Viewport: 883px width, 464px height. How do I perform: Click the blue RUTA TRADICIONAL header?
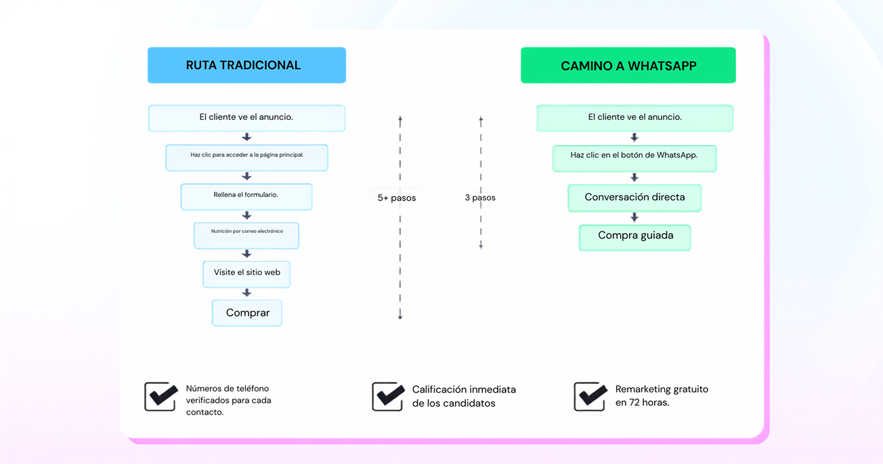point(246,65)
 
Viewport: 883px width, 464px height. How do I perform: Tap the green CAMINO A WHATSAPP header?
point(628,66)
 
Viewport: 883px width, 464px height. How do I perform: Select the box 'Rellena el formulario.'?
point(246,196)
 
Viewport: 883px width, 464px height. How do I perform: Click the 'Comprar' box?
point(247,313)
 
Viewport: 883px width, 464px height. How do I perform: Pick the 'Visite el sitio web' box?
point(246,274)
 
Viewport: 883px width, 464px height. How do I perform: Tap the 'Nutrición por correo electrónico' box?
point(246,236)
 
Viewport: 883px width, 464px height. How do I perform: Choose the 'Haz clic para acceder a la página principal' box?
point(246,158)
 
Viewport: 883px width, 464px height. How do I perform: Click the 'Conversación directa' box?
point(634,198)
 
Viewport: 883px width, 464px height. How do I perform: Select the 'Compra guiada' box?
point(635,238)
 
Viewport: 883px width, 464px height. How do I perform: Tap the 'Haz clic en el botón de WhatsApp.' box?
point(634,159)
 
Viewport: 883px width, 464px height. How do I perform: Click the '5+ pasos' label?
point(397,198)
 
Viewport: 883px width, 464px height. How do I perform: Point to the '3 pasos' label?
point(480,198)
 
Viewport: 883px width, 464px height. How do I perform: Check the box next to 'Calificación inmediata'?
point(388,396)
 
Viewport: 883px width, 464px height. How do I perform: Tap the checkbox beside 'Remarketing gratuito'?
point(590,396)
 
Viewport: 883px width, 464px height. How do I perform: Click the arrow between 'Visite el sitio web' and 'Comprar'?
point(246,293)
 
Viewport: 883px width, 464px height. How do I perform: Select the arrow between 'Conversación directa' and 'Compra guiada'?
point(634,217)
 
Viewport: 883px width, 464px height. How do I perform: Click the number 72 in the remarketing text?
point(634,402)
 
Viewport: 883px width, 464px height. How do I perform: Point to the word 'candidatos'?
point(471,403)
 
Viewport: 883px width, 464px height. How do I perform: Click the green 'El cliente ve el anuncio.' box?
point(634,119)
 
